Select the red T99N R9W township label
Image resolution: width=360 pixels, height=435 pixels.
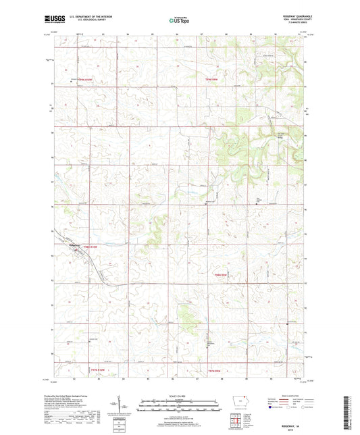click(x=211, y=79)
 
